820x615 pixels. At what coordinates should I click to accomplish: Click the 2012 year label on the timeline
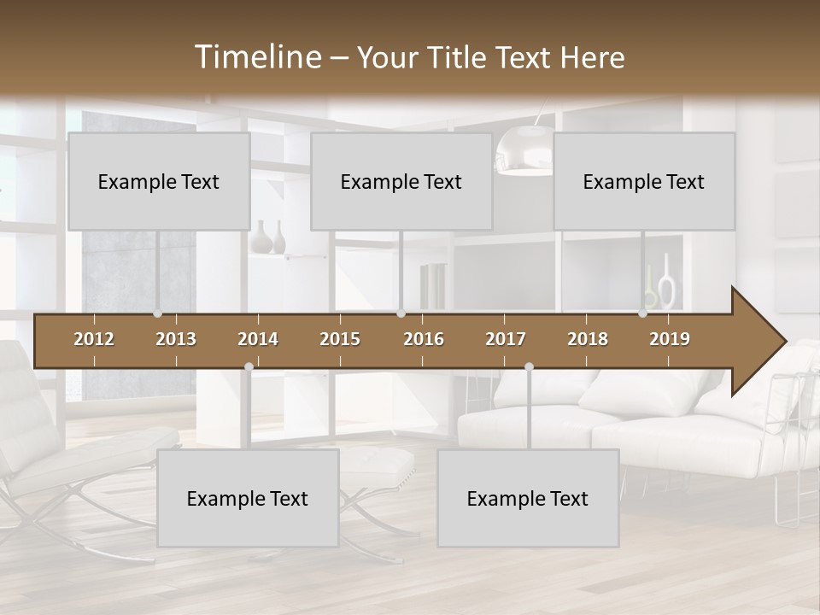coord(94,339)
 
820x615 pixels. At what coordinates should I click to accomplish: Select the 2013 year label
coord(176,339)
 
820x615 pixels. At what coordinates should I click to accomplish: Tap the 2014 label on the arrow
coord(258,339)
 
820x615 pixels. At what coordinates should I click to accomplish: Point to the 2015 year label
coord(340,339)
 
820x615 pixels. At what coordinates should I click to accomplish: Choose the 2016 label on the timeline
coord(424,339)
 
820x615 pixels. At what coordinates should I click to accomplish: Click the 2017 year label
coord(506,339)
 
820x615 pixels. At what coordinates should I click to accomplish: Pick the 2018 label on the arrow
coord(588,339)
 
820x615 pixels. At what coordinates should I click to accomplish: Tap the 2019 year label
coord(670,339)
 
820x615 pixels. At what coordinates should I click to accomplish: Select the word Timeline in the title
coord(258,57)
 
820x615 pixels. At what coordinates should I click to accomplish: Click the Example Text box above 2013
coord(159,181)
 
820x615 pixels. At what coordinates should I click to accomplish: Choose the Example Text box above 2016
coord(401,181)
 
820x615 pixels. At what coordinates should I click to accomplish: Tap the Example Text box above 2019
coord(644,181)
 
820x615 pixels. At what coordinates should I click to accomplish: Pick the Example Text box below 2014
coord(248,498)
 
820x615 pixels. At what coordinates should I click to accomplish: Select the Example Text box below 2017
coord(528,498)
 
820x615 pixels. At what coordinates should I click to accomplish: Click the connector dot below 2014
coord(249,366)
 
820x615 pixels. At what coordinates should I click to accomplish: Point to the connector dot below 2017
coord(529,366)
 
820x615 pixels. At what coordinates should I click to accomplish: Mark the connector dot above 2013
coord(157,313)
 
